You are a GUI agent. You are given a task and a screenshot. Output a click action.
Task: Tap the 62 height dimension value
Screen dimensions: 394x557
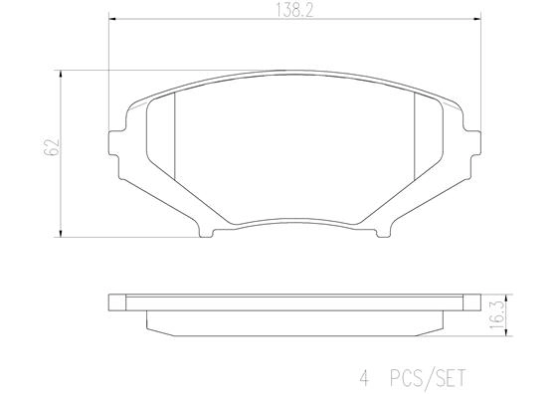click(48, 151)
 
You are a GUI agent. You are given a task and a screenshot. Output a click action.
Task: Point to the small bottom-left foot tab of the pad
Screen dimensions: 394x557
click(205, 233)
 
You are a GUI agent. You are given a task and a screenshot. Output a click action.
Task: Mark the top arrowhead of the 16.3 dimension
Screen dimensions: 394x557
click(507, 295)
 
